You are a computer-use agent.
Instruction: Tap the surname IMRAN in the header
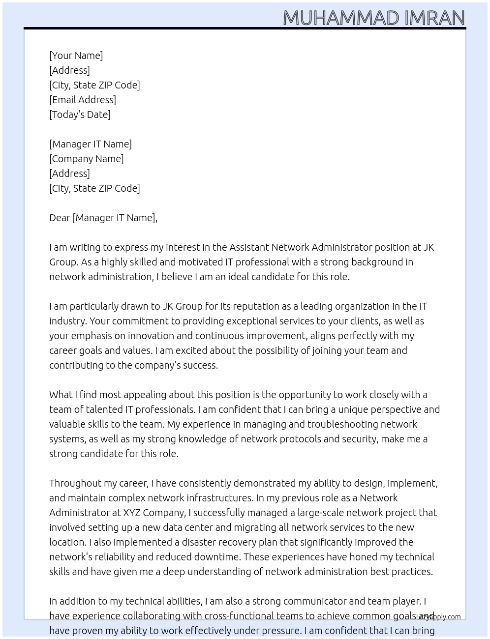[x=434, y=18]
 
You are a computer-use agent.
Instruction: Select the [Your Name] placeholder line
[x=76, y=56]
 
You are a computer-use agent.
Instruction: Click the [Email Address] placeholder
[x=83, y=100]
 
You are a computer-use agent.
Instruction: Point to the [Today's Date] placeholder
[x=80, y=115]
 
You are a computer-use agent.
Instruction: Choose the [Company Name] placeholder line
[x=86, y=159]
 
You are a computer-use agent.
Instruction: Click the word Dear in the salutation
[x=60, y=218]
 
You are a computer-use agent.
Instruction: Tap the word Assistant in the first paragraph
[x=249, y=247]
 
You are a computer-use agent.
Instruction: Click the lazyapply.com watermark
[x=438, y=617]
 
